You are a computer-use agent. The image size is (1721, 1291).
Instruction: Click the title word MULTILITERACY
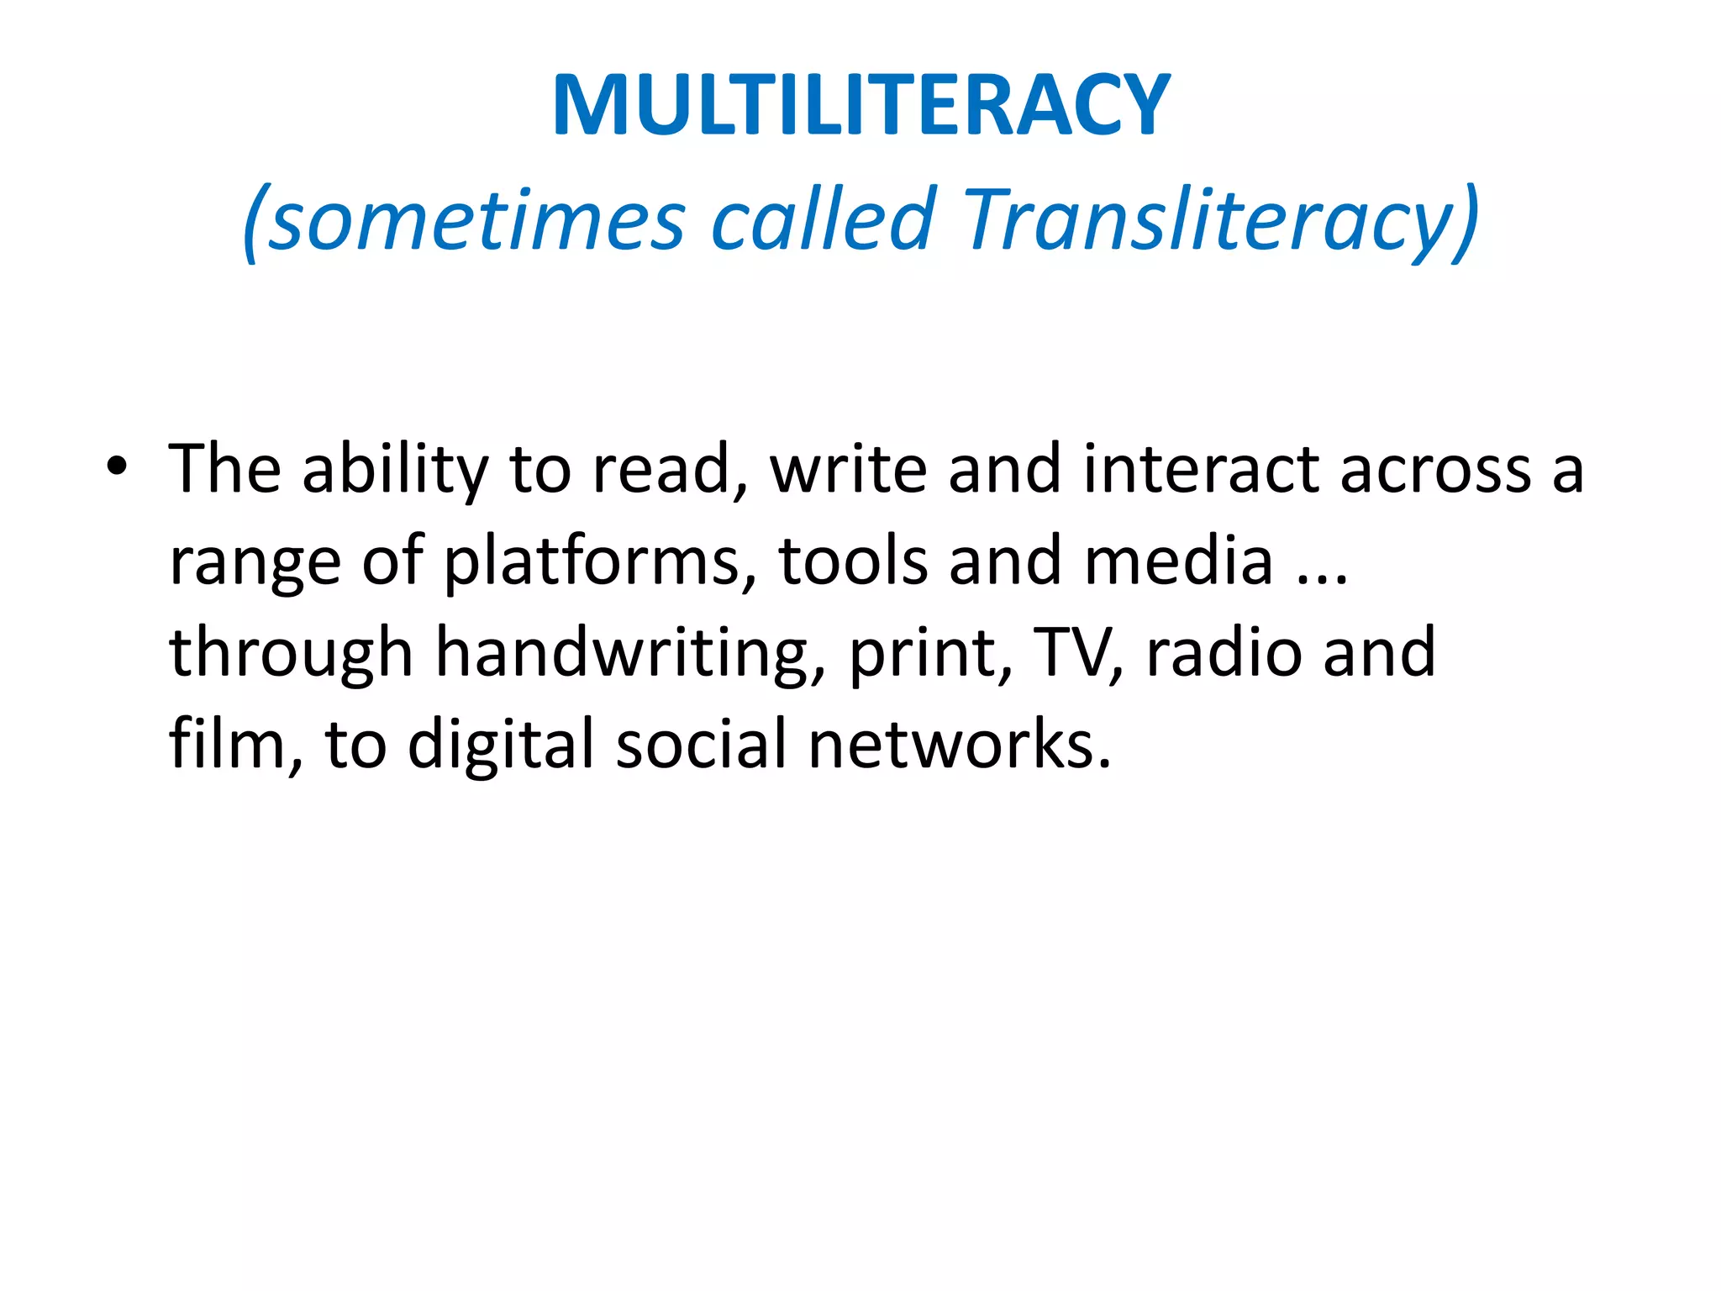(860, 105)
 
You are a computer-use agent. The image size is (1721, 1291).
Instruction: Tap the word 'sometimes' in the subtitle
(476, 220)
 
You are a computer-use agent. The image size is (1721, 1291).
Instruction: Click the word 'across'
(1435, 469)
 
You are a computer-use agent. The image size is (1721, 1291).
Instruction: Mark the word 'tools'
(854, 561)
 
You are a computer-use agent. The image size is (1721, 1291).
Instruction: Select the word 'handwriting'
(621, 654)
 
